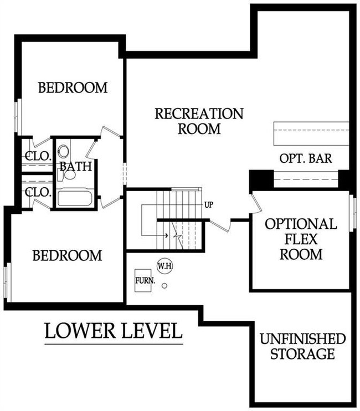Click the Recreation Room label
pos(198,121)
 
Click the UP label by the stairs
pos(208,205)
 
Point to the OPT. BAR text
pos(305,159)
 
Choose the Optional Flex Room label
pos(301,239)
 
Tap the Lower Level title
pos(113,331)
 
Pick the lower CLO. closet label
pos(37,193)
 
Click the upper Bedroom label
pos(72,88)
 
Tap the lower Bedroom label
pos(67,255)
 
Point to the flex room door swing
pos(256,203)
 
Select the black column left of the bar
pos(260,179)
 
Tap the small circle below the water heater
pos(164,286)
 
